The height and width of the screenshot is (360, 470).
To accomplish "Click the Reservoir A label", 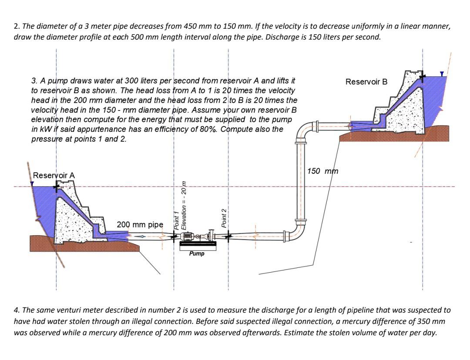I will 54,175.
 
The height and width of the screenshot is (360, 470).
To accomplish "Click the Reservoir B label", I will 366,82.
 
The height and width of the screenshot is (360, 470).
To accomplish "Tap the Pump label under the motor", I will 197,253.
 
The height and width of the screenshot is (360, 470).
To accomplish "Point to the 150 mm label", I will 322,171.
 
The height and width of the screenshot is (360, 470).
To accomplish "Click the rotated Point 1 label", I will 177,220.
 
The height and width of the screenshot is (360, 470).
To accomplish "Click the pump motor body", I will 188,237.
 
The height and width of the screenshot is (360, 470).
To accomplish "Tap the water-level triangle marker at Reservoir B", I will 442,74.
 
